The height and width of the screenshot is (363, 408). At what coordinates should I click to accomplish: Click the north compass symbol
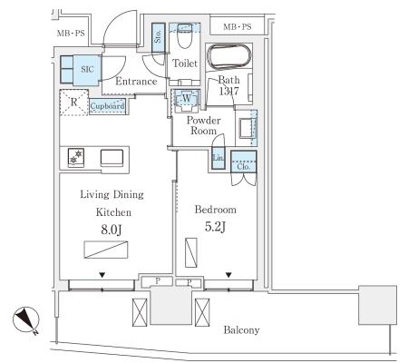(x=26, y=320)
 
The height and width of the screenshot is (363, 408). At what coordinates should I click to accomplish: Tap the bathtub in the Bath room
(x=228, y=57)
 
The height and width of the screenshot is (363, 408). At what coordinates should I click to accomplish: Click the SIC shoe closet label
(x=87, y=69)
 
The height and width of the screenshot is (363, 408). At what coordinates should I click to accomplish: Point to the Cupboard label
(x=107, y=106)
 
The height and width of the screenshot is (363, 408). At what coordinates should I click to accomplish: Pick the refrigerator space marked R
(x=74, y=103)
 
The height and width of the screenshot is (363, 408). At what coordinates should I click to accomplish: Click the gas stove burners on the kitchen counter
(x=76, y=158)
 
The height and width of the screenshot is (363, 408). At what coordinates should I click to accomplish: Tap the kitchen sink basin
(x=112, y=158)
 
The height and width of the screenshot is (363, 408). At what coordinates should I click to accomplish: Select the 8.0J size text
(x=112, y=230)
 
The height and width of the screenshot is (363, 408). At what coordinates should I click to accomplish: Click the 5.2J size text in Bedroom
(x=215, y=227)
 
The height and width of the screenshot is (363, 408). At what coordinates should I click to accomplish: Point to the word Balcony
(x=241, y=330)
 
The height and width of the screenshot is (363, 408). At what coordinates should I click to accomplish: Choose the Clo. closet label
(x=243, y=167)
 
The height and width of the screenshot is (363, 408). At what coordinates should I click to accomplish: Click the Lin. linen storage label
(x=218, y=158)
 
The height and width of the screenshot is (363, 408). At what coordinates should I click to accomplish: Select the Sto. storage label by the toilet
(x=158, y=36)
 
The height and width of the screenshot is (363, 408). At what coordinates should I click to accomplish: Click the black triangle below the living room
(x=102, y=275)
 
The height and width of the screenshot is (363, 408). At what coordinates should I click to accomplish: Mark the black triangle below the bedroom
(x=228, y=275)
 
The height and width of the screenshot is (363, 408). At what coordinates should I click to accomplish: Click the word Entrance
(x=136, y=81)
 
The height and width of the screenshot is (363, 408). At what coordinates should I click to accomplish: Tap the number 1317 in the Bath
(x=229, y=91)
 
